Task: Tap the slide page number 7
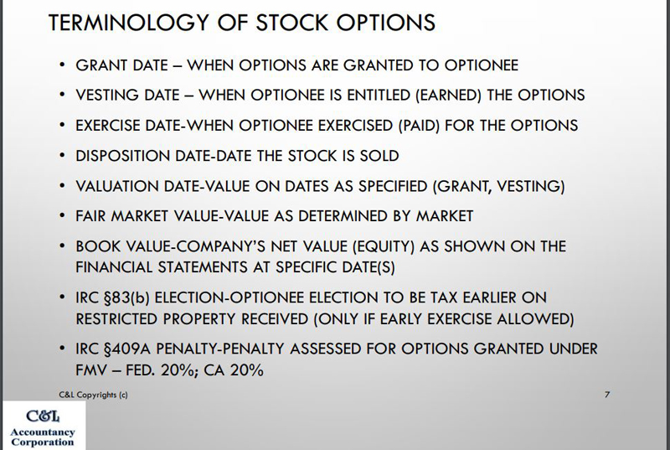(607, 395)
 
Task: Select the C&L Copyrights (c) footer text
(93, 395)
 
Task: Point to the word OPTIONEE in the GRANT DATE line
(481, 65)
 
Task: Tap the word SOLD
(379, 156)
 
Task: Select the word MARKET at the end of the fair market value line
(445, 216)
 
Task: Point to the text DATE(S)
(368, 267)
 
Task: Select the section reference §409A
(128, 349)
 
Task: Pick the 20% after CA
(246, 370)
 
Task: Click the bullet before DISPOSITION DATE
(62, 155)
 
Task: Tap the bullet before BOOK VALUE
(62, 246)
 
